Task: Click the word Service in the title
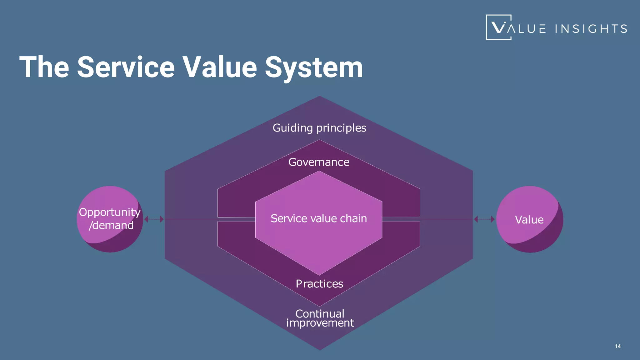pos(126,67)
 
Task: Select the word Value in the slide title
pos(220,67)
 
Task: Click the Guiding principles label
pos(319,128)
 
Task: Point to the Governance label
pos(319,162)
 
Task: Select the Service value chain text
pos(319,218)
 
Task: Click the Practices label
pos(319,284)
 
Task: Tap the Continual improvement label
pos(320,318)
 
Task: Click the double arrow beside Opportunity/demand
pos(154,219)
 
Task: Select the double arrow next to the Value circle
pos(484,219)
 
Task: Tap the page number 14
pos(617,346)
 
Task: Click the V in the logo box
pos(498,27)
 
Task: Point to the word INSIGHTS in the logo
pos(591,29)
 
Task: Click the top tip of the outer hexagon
pos(319,97)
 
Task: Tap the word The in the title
pos(44,67)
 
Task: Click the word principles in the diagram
pos(341,128)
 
